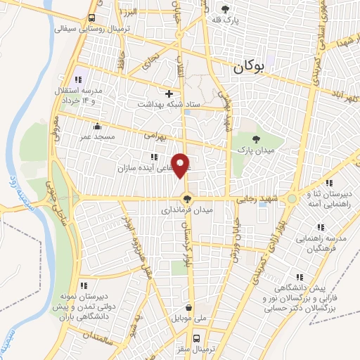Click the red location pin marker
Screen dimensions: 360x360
coord(181,165)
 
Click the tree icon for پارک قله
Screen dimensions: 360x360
coord(226,10)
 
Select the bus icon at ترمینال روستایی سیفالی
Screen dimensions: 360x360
coord(93,18)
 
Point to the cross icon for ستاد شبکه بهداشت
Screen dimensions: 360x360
coord(169,94)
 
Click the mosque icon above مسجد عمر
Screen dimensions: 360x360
coord(97,127)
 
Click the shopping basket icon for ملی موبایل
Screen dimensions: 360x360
coord(189,307)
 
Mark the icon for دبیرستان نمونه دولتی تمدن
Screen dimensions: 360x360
coord(84,285)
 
